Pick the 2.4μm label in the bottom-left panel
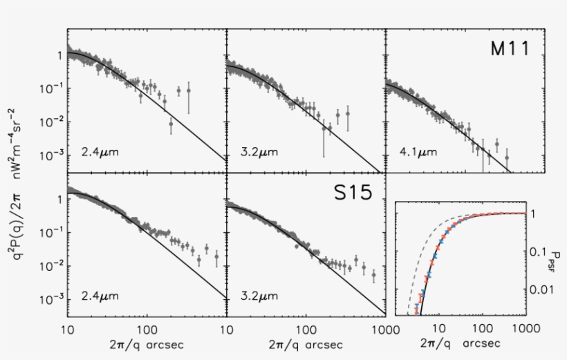[x=98, y=296]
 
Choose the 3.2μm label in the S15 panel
[x=256, y=296]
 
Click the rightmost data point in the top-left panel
[x=188, y=90]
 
